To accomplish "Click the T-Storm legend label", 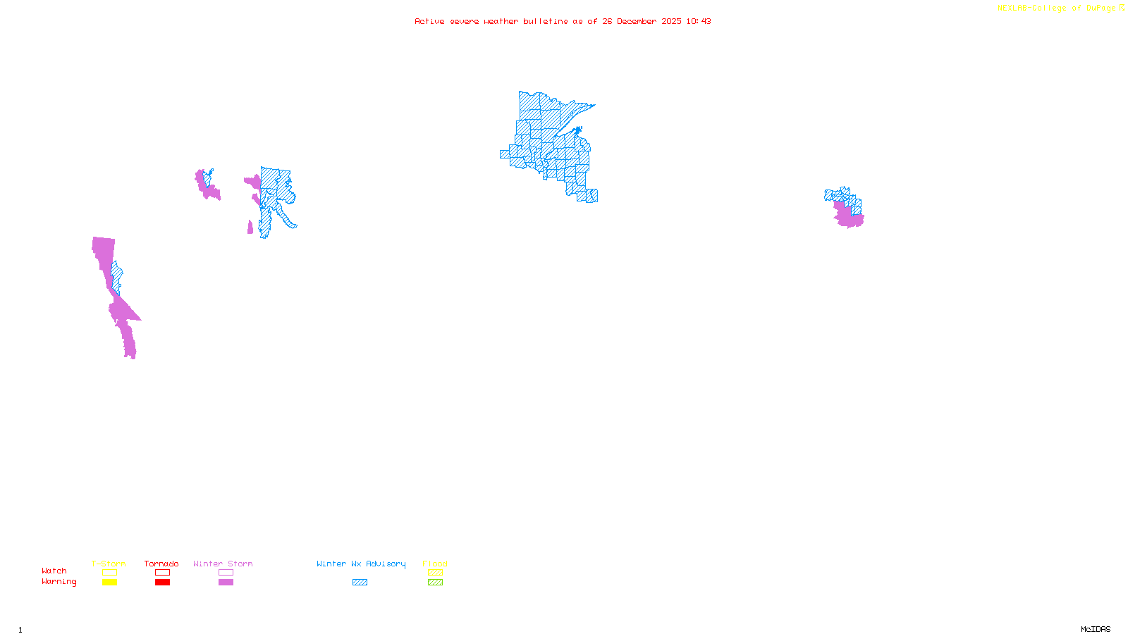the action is click(109, 564).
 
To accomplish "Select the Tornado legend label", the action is click(161, 564).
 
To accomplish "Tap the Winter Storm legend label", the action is click(223, 564).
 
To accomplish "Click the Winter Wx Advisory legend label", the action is click(361, 564).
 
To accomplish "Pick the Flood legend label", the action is click(435, 564).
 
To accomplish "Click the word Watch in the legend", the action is click(54, 571).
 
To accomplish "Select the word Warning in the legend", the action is click(59, 582).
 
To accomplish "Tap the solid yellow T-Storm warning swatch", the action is click(109, 583).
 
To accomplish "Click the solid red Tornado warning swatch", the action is click(162, 583).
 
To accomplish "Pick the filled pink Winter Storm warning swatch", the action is click(226, 583).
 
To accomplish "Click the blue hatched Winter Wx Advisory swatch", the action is click(360, 583).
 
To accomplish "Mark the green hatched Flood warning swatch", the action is click(435, 583).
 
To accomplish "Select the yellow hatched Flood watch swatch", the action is click(435, 573).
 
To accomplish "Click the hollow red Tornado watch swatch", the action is click(162, 573).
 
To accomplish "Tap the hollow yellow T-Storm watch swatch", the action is click(109, 573).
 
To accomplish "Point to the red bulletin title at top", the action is click(563, 21).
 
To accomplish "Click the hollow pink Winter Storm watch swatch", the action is click(226, 573).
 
